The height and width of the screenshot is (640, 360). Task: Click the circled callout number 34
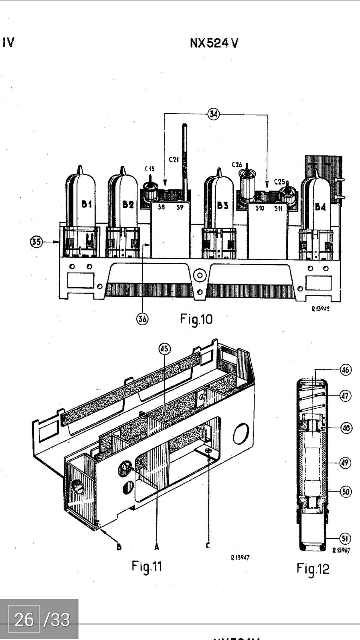coord(213,114)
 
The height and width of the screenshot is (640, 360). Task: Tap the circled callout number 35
coord(36,242)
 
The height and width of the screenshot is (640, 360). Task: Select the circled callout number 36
coord(142,319)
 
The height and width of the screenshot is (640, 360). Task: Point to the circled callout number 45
coord(164,349)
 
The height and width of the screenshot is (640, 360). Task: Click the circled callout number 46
coord(346,370)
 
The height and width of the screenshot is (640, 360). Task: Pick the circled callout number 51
coord(345,538)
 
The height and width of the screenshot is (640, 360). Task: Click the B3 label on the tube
coord(222,205)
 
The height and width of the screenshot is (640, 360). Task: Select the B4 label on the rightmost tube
coord(320,207)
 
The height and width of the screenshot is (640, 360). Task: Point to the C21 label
coord(174,160)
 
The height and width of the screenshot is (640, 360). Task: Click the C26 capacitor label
coord(237,164)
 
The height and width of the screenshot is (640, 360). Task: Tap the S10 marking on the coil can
coord(259,208)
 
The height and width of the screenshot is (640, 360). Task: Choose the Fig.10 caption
coord(196,319)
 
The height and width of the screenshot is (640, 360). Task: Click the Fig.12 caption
coord(313,569)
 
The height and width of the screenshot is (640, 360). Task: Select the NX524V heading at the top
coord(214,43)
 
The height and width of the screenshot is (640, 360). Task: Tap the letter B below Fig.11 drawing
coord(119,547)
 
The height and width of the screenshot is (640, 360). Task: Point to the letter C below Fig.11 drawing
coord(208,545)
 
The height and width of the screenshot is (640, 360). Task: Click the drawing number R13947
coord(240,557)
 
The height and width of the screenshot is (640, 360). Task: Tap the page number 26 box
coord(24,620)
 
